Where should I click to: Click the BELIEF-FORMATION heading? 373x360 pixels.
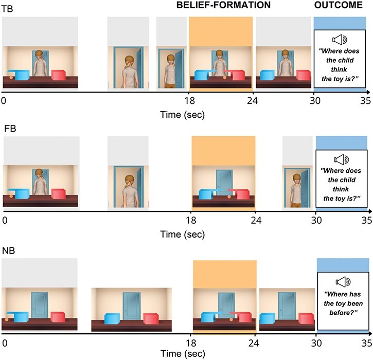(223, 5)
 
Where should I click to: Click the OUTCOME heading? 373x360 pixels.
(338, 5)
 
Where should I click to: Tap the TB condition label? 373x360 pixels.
(7, 9)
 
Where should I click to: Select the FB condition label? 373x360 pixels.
(10, 129)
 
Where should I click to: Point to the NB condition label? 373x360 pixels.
(9, 250)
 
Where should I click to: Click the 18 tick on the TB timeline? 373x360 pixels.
(190, 101)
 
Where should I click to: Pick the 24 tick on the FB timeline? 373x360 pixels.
(256, 220)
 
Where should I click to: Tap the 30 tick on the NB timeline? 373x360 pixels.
(316, 343)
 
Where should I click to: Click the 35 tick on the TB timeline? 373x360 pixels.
(366, 101)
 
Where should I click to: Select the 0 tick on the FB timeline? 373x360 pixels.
(5, 220)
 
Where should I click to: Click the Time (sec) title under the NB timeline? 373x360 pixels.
(183, 354)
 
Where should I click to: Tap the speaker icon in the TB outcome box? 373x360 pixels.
(340, 40)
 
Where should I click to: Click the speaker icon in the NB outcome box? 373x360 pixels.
(343, 282)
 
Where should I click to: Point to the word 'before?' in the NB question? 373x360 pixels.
(343, 313)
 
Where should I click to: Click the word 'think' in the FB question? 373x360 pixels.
(341, 189)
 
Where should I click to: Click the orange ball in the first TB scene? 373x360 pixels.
(11, 78)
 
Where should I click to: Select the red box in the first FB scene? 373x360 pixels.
(59, 194)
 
